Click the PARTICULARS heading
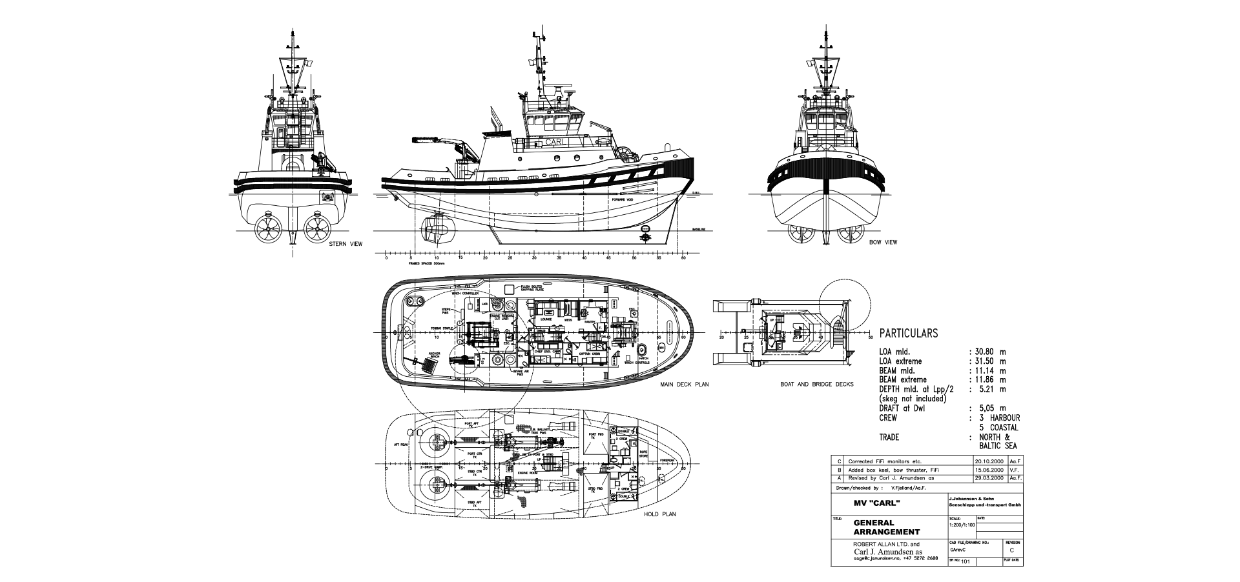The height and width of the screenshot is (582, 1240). [908, 334]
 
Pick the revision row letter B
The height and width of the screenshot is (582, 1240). [838, 470]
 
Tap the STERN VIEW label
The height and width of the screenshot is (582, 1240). [346, 244]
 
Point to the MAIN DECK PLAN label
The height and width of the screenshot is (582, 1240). [684, 385]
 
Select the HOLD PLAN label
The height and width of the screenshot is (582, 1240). [660, 514]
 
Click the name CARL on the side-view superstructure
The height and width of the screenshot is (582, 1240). [555, 142]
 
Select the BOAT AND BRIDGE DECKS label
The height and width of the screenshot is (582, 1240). [816, 385]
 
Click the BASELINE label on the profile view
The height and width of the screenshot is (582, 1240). [699, 229]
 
